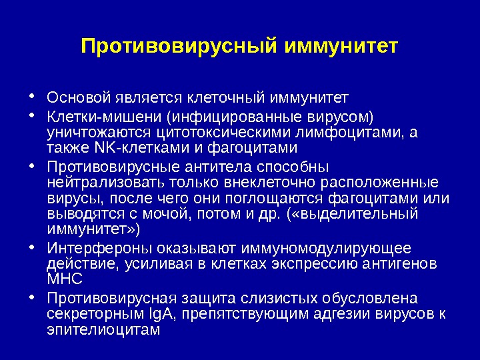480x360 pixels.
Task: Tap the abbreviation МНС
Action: pyautogui.click(x=65, y=279)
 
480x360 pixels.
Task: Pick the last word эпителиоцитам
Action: pyautogui.click(x=104, y=329)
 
